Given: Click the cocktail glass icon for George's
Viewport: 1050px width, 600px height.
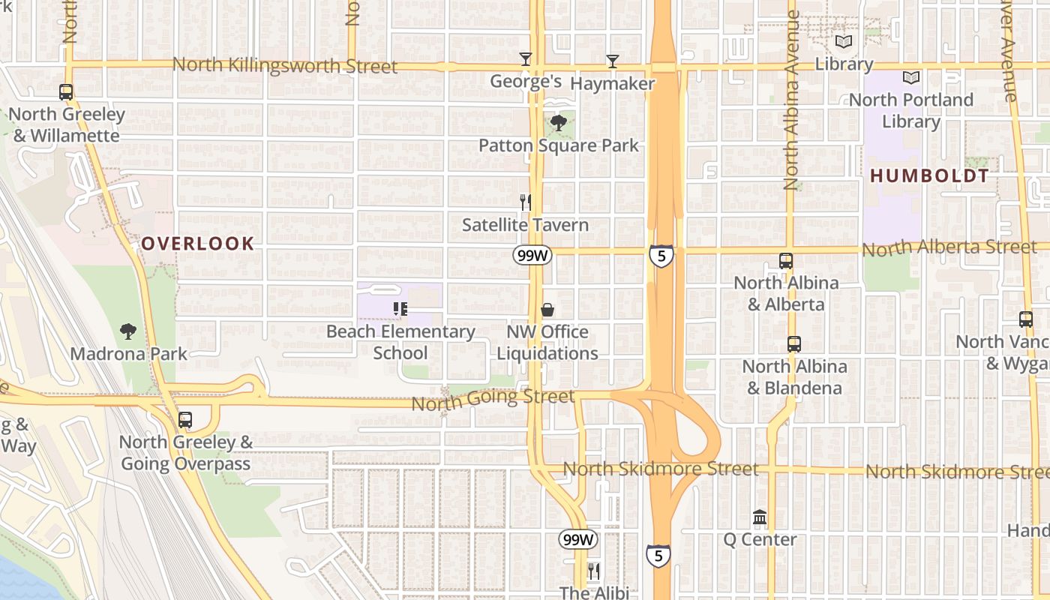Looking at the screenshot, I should pos(526,59).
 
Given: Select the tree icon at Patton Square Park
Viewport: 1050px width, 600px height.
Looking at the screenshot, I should pos(558,123).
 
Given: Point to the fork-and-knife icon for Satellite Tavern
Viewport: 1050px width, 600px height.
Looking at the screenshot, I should pos(526,202).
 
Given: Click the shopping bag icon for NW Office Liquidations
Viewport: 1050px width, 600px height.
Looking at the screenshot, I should pos(547,310).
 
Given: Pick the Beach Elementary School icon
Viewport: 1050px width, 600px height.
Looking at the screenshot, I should pos(400,308).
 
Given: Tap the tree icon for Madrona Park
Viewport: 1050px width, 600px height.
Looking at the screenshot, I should pos(128,331).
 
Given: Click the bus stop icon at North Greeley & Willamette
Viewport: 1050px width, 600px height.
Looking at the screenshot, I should pos(66,92).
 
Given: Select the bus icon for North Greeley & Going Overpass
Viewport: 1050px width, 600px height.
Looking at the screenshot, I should pos(185,420).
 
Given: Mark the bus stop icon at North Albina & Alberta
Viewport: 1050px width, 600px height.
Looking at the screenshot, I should pos(786,261).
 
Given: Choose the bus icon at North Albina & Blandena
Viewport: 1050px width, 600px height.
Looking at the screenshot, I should pos(794,344).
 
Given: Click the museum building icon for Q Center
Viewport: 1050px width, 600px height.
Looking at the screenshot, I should pos(760,517).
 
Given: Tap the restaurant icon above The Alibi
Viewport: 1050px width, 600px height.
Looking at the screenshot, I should pos(593,571).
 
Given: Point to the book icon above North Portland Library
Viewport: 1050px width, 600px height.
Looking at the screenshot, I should pos(911,78).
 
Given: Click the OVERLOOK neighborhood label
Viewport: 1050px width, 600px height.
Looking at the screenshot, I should pos(198,243).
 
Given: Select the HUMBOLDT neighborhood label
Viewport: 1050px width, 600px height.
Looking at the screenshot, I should pos(929,176).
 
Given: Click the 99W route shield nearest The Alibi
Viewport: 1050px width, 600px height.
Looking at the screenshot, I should pos(577,539).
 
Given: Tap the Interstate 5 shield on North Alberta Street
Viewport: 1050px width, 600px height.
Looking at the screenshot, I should pos(661,256).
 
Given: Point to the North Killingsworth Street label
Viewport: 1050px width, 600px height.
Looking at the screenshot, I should pos(285,65).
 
